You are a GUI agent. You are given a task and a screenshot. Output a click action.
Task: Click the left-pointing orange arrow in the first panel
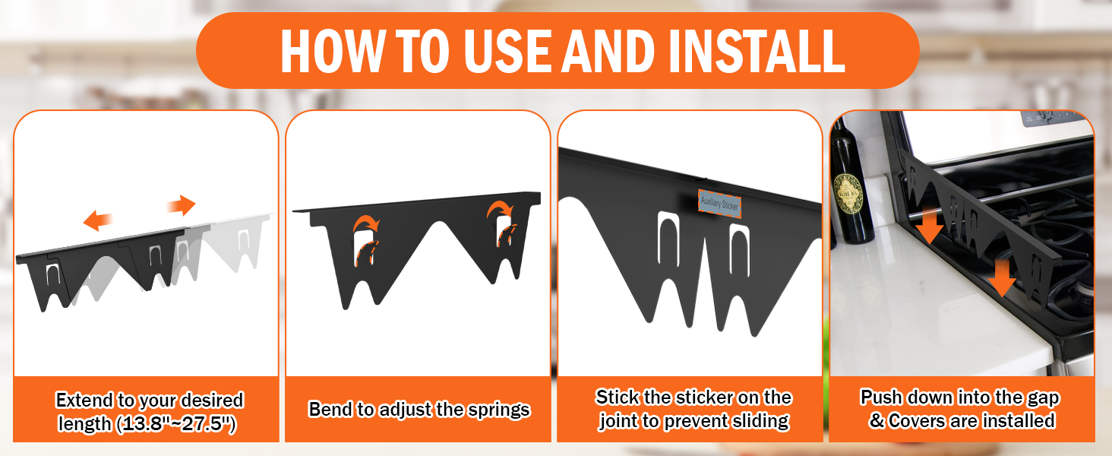pos(98,220)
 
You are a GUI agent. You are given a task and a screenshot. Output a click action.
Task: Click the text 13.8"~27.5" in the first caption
pos(177,425)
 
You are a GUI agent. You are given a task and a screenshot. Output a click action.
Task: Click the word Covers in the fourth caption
pos(915,420)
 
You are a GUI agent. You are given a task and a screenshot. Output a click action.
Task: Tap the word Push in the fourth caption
pos(883,397)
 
